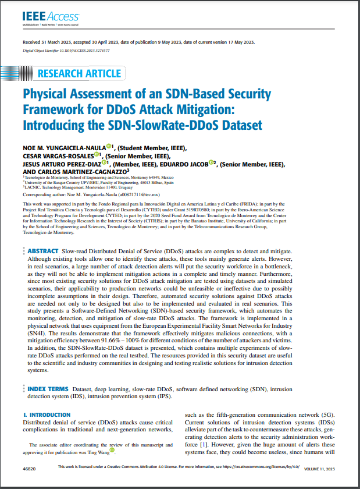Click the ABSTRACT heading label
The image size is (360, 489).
click(x=43, y=267)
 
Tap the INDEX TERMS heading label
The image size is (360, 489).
click(x=47, y=388)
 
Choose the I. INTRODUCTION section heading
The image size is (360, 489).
click(x=46, y=415)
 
